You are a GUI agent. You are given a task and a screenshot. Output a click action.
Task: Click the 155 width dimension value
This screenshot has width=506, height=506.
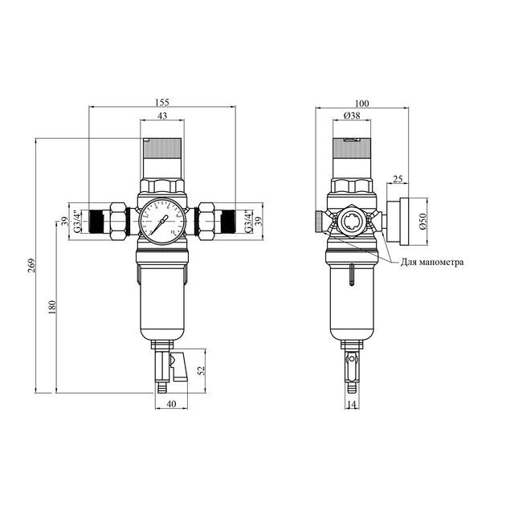pos(162,102)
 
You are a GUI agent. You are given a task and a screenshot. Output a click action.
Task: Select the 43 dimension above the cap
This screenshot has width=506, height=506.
pos(162,116)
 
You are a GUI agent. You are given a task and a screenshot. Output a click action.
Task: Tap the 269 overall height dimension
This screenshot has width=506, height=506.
pos(31,266)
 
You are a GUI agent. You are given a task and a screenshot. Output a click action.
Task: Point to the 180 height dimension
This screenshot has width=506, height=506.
pos(52,307)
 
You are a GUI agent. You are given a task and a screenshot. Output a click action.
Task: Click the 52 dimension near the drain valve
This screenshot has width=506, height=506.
pos(202,369)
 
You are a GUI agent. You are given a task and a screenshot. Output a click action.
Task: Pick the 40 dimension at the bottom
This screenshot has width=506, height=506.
pos(171,404)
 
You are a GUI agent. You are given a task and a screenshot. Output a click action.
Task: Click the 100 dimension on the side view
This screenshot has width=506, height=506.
pos(361,104)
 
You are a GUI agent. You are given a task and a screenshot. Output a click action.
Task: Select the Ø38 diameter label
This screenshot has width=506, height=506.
pos(352,115)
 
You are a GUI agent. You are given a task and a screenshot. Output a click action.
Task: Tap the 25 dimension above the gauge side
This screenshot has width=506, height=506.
pos(398,179)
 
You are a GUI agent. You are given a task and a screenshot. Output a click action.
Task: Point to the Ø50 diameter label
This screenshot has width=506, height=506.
pos(423,221)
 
